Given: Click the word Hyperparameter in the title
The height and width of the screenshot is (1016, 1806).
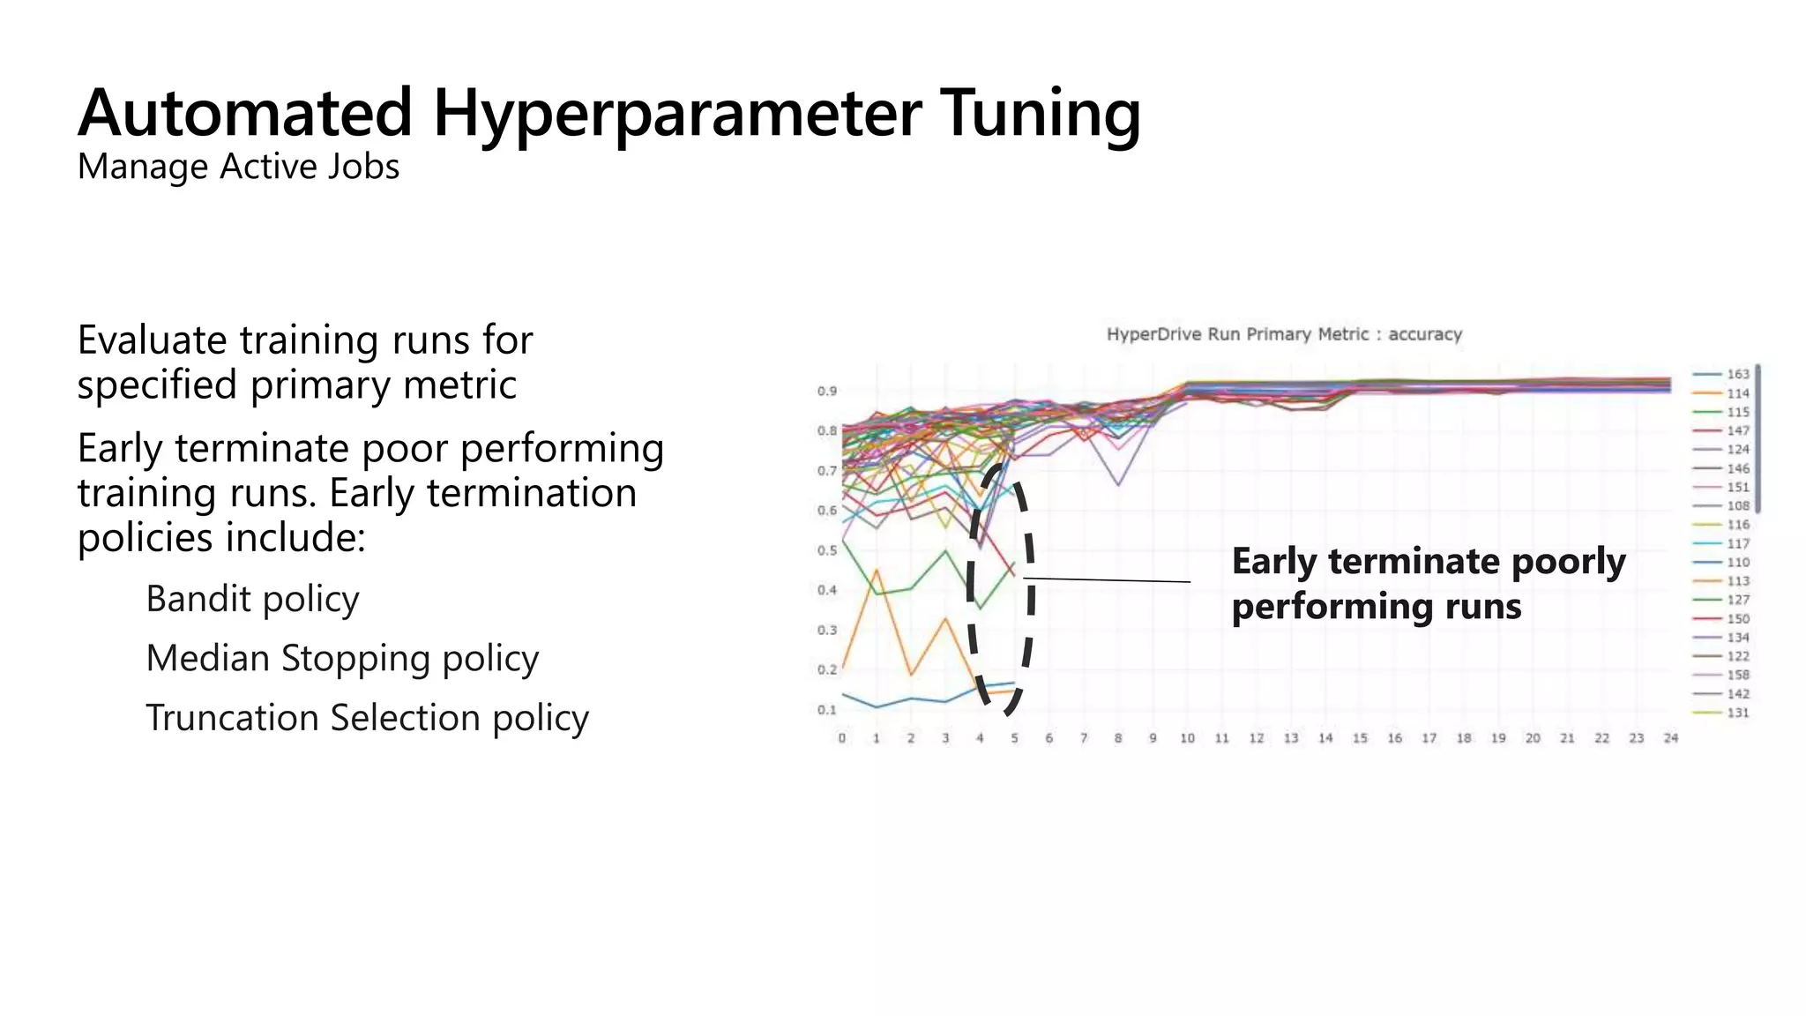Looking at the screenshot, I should (676, 115).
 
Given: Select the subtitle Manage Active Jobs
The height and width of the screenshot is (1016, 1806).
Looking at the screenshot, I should (238, 167).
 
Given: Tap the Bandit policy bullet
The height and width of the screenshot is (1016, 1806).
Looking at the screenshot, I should (252, 599).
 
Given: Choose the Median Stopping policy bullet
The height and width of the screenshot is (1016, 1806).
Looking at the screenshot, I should (342, 658).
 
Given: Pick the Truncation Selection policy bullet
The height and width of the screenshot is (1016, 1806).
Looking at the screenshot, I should (367, 718).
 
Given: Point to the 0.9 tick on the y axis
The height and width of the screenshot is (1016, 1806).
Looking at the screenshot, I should (826, 391).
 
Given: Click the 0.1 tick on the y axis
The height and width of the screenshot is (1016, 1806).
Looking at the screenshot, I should (826, 710).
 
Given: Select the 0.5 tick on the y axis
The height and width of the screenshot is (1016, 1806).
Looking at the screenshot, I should (826, 550).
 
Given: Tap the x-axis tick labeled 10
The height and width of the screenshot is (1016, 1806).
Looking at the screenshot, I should (1187, 738).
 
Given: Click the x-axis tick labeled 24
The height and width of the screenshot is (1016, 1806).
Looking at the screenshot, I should (1670, 738).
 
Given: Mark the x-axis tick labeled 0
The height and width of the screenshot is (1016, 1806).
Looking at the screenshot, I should (842, 738).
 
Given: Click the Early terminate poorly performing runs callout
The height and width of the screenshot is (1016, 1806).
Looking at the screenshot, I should (1428, 584).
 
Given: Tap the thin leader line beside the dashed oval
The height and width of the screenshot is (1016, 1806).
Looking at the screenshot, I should (1107, 580).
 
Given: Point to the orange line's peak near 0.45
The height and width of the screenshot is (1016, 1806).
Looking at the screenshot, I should (877, 570).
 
